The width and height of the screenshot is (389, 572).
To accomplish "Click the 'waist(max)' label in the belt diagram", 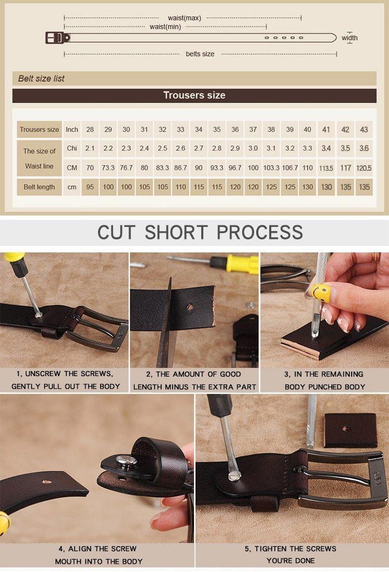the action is click(x=184, y=18).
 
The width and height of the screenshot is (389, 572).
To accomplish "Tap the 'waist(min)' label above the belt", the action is click(x=165, y=26).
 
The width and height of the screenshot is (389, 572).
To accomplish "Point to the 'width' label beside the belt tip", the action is click(x=350, y=38).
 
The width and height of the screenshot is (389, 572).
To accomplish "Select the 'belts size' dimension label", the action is click(x=200, y=54).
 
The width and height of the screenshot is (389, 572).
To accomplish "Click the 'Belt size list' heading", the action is click(x=41, y=78).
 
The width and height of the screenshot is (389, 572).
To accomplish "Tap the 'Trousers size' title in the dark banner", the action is click(x=195, y=95).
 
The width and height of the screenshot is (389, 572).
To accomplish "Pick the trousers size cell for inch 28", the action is click(x=90, y=130).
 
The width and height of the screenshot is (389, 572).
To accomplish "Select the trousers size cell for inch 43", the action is click(x=364, y=130).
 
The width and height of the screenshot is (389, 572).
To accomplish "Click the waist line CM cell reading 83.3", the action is click(x=162, y=168).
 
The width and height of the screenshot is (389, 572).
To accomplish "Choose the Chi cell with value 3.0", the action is click(x=253, y=149).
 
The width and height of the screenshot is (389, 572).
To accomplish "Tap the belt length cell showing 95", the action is click(x=90, y=187).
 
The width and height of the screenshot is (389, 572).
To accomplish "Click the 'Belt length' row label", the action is click(x=39, y=187).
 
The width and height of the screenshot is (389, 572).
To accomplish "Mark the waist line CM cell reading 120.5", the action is click(x=364, y=168).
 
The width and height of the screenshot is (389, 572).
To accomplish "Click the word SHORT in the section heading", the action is click(x=176, y=232).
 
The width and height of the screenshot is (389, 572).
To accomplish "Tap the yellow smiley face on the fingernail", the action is click(x=321, y=293).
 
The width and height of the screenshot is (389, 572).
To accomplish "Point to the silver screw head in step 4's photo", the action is click(x=127, y=461).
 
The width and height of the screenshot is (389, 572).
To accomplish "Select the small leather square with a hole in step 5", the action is click(x=351, y=430).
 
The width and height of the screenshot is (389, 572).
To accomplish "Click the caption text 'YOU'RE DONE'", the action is click(x=290, y=561).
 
